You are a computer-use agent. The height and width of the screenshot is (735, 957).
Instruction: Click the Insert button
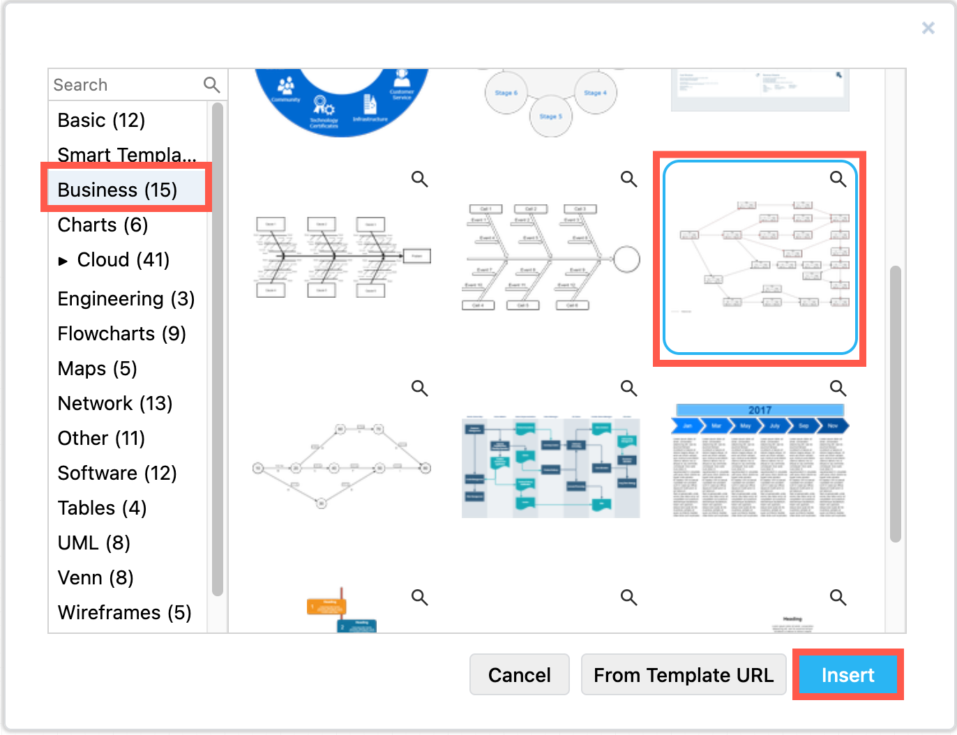coord(847,675)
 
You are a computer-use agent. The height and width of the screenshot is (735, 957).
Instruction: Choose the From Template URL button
coord(683,675)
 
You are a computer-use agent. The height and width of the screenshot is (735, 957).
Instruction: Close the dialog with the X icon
coord(928,28)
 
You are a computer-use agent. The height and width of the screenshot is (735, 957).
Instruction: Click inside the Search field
coord(126,85)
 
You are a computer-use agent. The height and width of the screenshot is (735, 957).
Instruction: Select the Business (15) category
coord(117,190)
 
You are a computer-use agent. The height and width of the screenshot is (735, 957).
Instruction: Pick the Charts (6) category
coord(103,225)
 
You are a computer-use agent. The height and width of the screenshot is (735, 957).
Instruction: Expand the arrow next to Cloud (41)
coord(63,261)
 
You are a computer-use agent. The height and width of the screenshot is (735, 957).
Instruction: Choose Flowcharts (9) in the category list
coord(121,333)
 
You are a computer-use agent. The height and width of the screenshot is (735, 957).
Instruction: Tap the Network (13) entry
coord(114,403)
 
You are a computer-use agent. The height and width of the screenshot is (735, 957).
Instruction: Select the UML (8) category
coord(93,543)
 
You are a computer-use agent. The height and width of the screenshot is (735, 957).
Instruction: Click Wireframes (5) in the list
coord(124,612)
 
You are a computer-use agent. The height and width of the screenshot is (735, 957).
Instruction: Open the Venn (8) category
coord(96,577)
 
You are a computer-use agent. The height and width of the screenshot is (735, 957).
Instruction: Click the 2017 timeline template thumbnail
coord(760,460)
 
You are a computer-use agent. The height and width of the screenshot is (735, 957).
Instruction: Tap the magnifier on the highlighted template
coord(838,179)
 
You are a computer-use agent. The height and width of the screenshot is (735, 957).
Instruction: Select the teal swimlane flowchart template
coord(550,467)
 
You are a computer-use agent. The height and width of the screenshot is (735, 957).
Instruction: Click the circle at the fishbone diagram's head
coord(626,259)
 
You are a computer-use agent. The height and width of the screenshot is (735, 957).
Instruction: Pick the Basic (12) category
coord(101,121)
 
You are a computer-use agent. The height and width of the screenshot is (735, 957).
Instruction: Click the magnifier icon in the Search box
coord(211,85)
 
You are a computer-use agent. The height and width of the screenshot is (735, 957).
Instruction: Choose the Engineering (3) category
coord(126,298)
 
